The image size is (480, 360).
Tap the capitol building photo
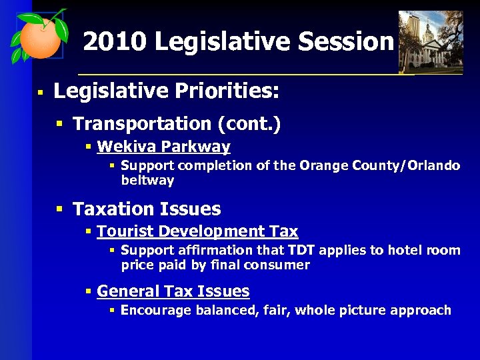click(430, 41)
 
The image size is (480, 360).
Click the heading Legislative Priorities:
click(166, 91)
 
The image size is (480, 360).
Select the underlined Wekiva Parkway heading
click(163, 147)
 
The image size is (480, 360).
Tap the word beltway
click(147, 180)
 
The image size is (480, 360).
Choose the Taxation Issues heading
click(147, 209)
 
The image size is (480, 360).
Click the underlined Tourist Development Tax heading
click(197, 232)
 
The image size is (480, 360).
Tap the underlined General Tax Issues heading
click(173, 291)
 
